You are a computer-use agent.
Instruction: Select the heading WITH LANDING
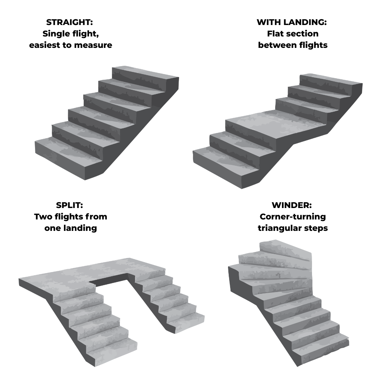(292, 22)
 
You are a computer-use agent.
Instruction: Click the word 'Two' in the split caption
(43, 217)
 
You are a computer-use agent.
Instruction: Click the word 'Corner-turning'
(293, 217)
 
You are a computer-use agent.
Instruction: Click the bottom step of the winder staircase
(322, 350)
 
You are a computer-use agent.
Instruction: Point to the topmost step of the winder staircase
(286, 249)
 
